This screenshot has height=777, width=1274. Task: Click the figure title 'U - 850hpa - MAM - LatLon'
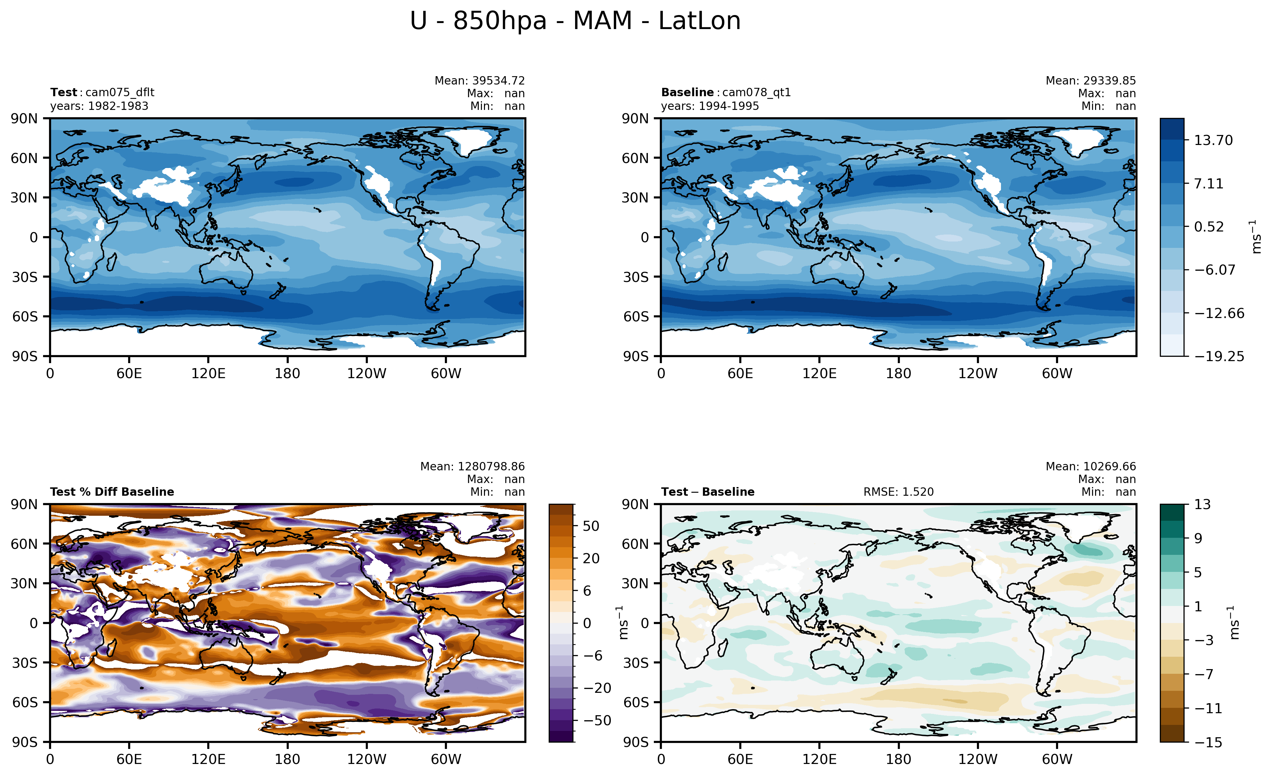tap(575, 21)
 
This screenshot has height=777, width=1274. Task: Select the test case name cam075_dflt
tap(119, 93)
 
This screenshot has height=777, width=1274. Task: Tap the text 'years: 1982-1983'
tap(99, 106)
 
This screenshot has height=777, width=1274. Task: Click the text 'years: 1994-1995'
tap(710, 106)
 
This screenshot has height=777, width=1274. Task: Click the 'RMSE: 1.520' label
tap(898, 492)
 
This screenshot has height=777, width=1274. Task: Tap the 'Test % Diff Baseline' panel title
tap(112, 492)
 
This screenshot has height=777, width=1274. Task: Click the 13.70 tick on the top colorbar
tap(1213, 141)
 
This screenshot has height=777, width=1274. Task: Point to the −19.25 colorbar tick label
tap(1219, 356)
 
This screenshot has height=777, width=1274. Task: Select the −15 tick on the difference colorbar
tap(1208, 742)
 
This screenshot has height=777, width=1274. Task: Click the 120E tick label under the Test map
tap(208, 373)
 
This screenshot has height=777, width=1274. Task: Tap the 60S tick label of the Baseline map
tap(635, 317)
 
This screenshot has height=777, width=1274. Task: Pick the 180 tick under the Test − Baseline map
tap(898, 759)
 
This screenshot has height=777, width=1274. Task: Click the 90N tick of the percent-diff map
tap(24, 504)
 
